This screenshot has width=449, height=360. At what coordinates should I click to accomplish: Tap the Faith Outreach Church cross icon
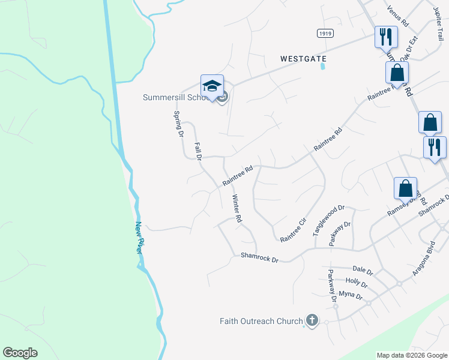312,321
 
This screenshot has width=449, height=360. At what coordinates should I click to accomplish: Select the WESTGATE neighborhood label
303,59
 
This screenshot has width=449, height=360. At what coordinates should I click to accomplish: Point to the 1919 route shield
325,35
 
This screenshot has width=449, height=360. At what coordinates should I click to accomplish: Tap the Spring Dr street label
178,124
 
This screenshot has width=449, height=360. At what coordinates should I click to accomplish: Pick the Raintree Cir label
294,230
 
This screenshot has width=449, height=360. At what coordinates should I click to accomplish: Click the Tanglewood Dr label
328,220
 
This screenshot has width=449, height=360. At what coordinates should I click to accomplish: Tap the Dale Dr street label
363,271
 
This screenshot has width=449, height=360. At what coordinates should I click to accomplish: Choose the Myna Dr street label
351,295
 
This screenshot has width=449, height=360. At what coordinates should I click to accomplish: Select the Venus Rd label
397,16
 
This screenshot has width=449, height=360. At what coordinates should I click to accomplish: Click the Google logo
20,353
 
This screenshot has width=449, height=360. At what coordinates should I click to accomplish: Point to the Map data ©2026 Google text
411,355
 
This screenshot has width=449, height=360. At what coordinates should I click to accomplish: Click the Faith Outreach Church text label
261,321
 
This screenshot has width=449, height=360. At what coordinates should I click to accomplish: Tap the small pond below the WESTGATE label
323,67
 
